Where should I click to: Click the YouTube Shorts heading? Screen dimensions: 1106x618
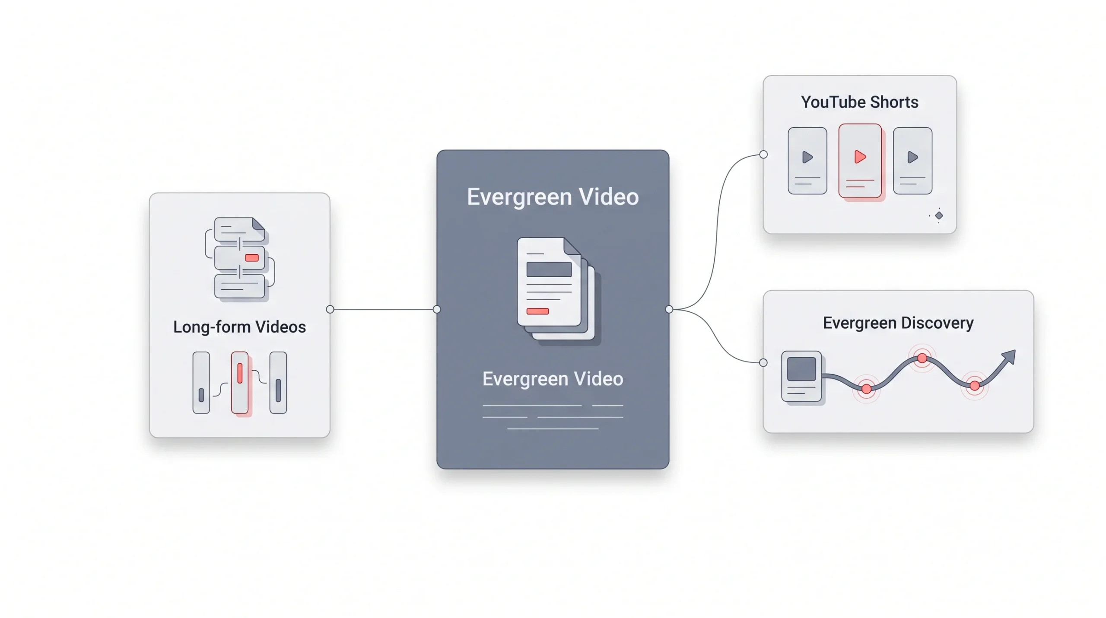coord(859,102)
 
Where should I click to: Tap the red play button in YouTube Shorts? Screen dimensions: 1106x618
coord(860,157)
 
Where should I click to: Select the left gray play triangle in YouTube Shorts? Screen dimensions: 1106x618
coord(807,157)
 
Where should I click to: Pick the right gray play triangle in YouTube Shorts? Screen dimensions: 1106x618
coord(912,157)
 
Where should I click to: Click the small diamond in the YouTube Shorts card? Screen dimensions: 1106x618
coord(939,215)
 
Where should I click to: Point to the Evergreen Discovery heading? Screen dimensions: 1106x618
coord(898,323)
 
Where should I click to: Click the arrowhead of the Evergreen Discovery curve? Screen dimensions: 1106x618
coord(1009,357)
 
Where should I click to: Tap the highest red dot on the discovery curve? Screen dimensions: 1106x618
coord(922,358)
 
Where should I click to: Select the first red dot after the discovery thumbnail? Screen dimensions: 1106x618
coord(866,389)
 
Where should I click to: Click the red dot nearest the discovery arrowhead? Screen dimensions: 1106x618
coord(974,386)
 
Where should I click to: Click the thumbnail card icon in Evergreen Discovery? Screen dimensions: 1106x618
coord(801,376)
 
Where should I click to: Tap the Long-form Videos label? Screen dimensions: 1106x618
coord(239,327)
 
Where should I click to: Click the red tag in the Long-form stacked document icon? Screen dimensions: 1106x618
coord(251,258)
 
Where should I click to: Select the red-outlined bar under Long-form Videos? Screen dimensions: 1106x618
coord(240,383)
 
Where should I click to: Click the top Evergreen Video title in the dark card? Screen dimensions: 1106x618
coord(553,197)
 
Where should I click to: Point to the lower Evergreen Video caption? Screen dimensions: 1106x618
coord(553,379)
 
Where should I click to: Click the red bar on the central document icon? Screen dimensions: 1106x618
coord(537,311)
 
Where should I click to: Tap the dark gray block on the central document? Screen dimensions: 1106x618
coord(549,269)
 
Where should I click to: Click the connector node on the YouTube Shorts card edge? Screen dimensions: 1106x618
coord(763,154)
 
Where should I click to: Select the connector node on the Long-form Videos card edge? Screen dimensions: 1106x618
coord(330,309)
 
